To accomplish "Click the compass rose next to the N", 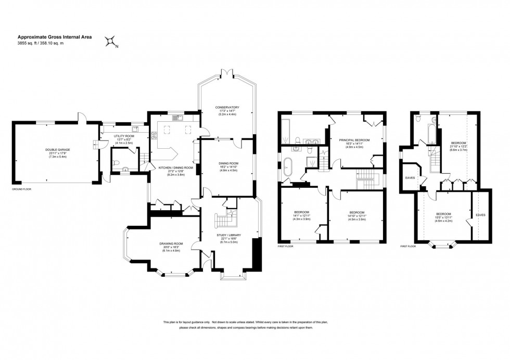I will [x=110, y=42].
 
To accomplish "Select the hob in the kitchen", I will [x=154, y=136].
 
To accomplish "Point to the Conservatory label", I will [x=226, y=108].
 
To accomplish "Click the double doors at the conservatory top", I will [x=226, y=73].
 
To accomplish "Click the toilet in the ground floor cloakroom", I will [x=117, y=167].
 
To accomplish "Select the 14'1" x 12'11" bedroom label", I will [x=302, y=215].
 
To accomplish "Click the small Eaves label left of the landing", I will [x=409, y=177].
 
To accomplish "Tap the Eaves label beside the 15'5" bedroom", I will [x=480, y=214].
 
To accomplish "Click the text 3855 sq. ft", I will [x=28, y=44].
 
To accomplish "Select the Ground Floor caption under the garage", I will [x=22, y=189].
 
